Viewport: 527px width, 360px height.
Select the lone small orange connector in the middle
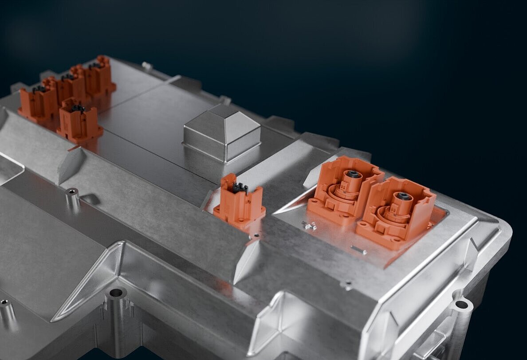click(x=239, y=202)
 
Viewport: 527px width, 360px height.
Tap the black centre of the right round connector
click(x=403, y=196)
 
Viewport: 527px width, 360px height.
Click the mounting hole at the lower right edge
click(x=461, y=305)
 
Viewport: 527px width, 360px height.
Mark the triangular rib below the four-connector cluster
click(x=71, y=164)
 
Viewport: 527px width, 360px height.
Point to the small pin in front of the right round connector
click(x=358, y=250)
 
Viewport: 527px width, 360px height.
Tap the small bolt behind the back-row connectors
click(x=147, y=66)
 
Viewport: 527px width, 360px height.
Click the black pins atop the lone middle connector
click(x=240, y=188)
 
